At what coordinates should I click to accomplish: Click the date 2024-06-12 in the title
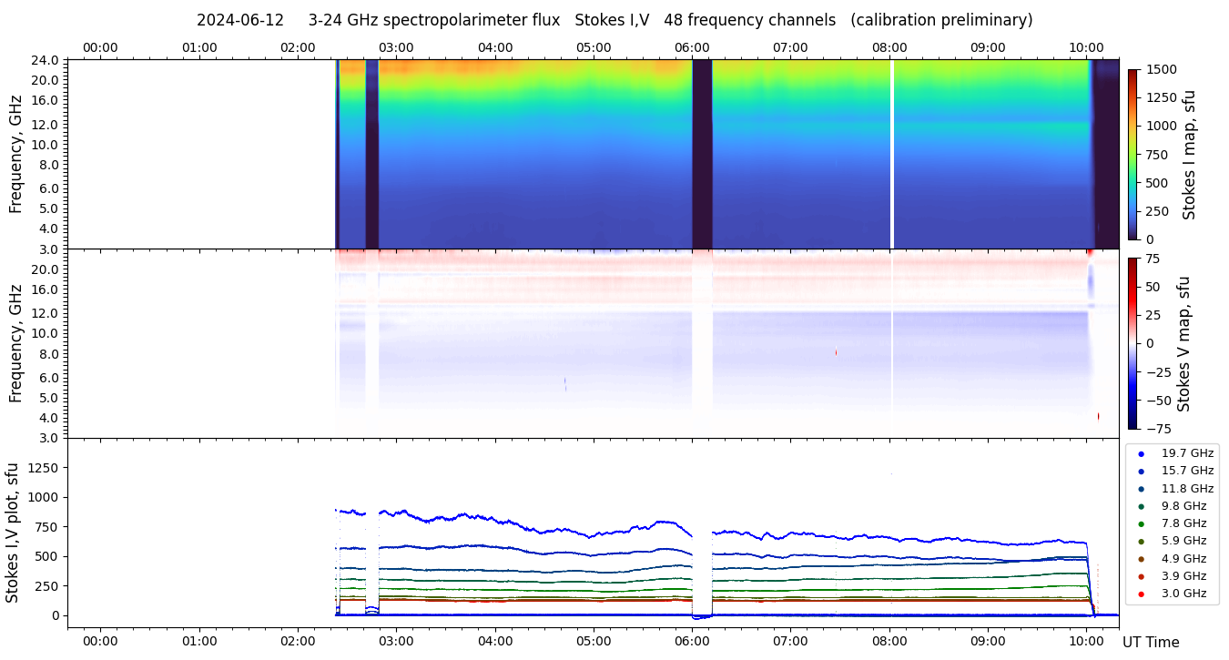click(x=241, y=20)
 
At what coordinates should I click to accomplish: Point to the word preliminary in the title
click(x=989, y=20)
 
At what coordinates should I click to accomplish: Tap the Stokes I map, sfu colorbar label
click(x=1189, y=155)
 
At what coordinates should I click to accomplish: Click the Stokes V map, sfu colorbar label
click(x=1185, y=344)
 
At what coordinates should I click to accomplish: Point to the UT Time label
click(x=1151, y=643)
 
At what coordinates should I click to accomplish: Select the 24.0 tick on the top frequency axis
click(x=46, y=60)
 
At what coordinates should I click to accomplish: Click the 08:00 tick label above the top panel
click(x=889, y=47)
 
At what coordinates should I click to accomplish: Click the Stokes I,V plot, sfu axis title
click(x=13, y=533)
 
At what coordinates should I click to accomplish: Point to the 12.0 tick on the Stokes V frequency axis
click(x=46, y=313)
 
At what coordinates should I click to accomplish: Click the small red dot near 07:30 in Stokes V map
click(x=836, y=352)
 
